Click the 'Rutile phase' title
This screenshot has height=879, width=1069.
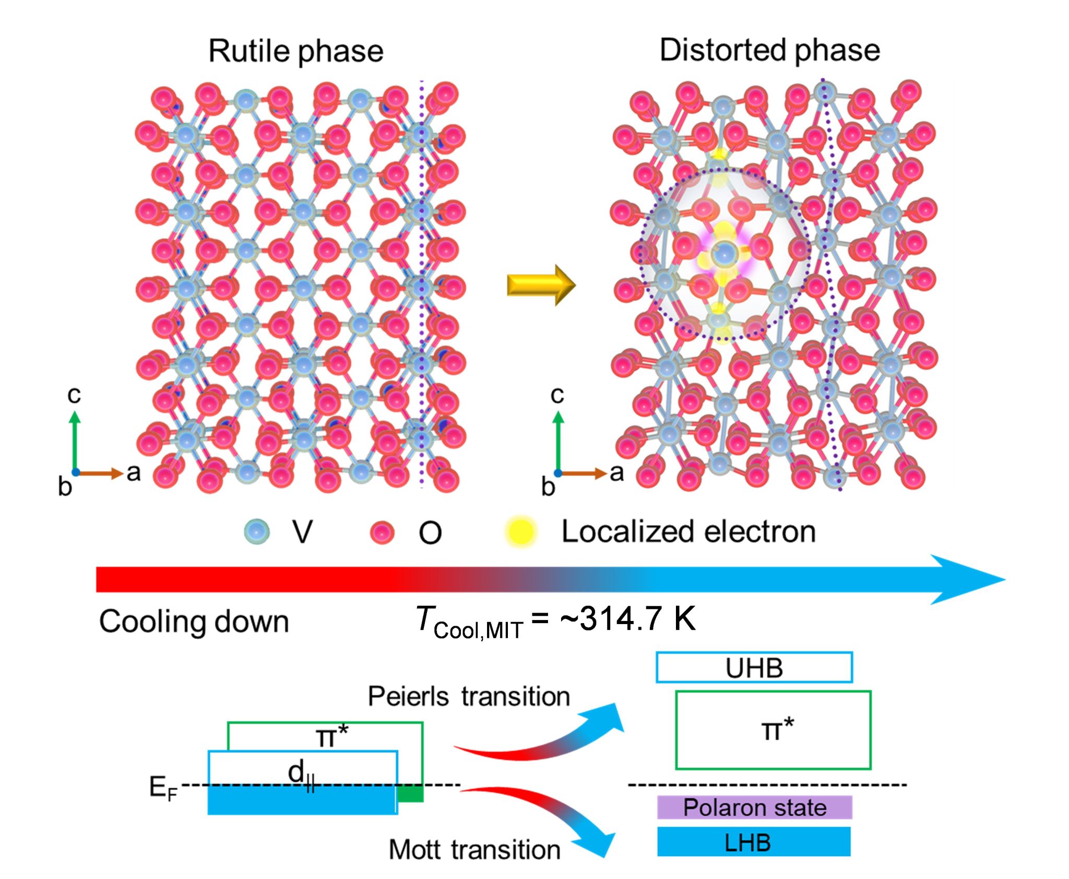coord(296,52)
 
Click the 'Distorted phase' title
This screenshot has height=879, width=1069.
coord(770,51)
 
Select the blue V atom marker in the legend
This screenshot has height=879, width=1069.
coord(257,532)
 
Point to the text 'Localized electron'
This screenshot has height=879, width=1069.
coord(688,532)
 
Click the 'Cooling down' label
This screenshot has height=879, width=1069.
coord(194,622)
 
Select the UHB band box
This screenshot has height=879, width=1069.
coord(754,667)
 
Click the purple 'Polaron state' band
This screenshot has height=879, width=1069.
coord(754,807)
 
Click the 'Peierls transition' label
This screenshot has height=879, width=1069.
coord(469,696)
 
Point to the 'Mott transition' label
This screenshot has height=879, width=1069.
coord(474,850)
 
